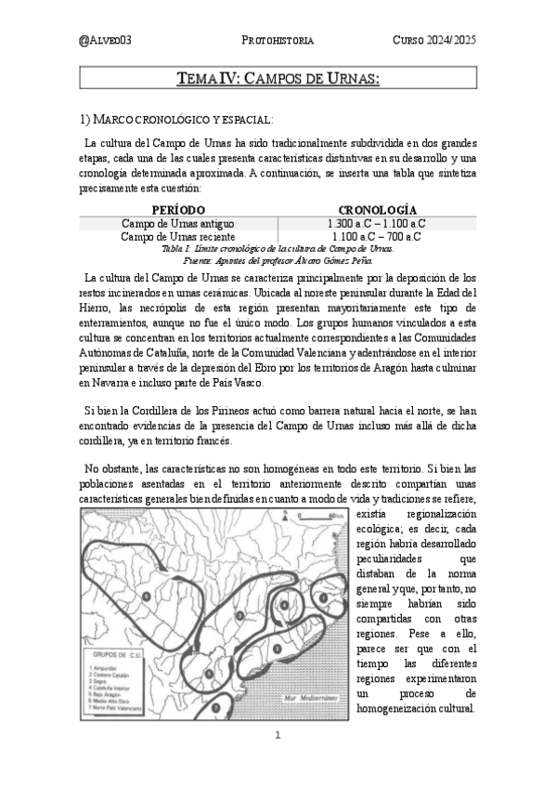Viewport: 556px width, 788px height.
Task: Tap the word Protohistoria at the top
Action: (x=278, y=40)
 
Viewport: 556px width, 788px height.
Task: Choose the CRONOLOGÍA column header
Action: (x=377, y=210)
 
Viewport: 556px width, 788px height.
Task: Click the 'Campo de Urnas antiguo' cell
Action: (x=177, y=224)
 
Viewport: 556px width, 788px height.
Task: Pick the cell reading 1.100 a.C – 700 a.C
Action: (x=377, y=237)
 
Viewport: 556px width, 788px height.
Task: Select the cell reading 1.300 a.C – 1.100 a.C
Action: (x=377, y=224)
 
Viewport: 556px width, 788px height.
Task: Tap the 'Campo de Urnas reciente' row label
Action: (x=177, y=237)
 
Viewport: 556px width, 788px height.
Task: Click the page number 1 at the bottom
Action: (x=278, y=735)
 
